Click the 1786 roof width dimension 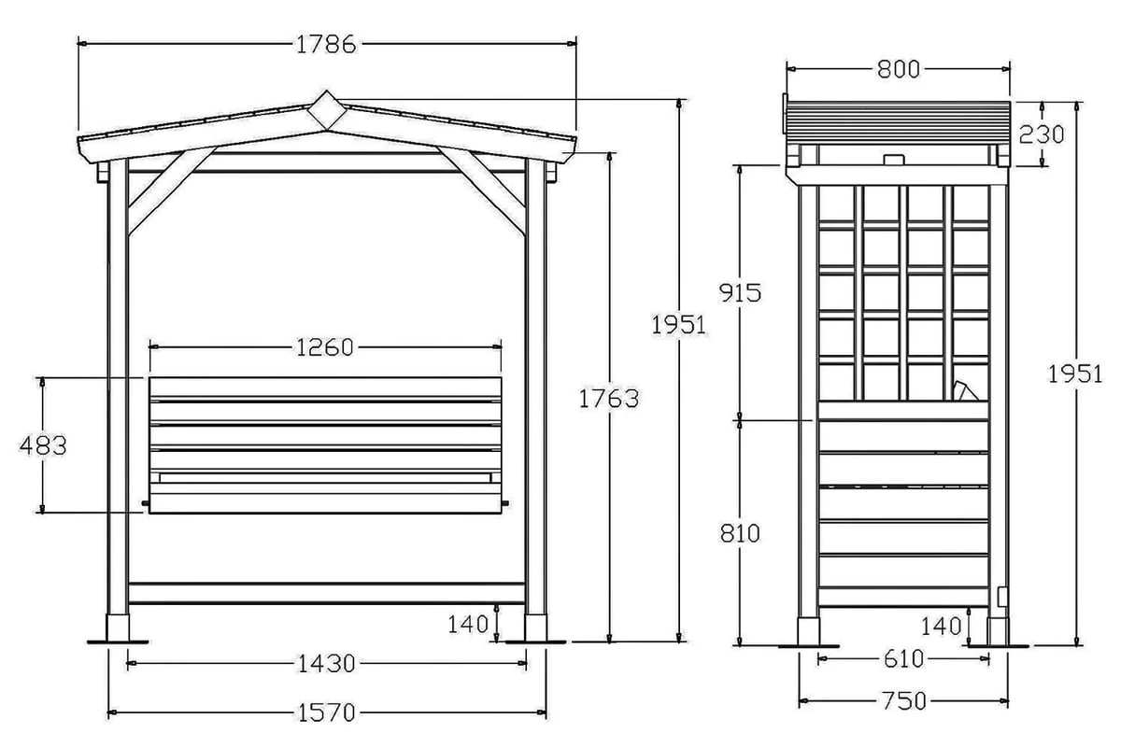[x=326, y=45]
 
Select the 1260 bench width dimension [x=325, y=347]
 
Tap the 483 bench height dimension [x=43, y=445]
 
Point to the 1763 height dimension [x=608, y=399]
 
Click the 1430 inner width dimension [x=326, y=664]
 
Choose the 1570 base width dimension [x=326, y=712]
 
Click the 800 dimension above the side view [x=899, y=69]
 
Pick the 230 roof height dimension [x=1042, y=134]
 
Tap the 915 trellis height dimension [x=740, y=292]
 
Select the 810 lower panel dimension [x=740, y=533]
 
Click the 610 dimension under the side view [x=904, y=659]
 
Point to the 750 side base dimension [x=904, y=701]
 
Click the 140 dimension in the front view [x=468, y=625]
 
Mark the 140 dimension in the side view [x=942, y=627]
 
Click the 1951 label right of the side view [x=1075, y=374]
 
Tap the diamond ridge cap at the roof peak [x=327, y=110]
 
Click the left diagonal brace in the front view [x=172, y=190]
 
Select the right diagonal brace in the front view [x=481, y=190]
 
